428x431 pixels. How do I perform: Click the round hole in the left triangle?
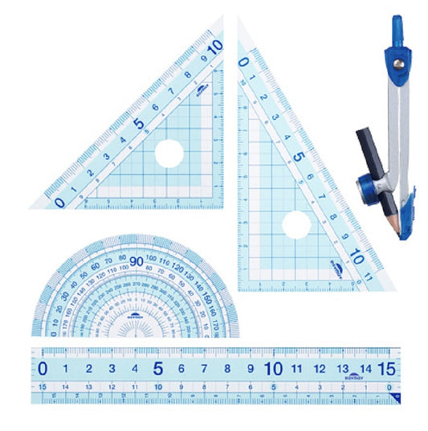pyautogui.click(x=169, y=153)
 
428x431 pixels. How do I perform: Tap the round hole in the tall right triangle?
pyautogui.click(x=296, y=225)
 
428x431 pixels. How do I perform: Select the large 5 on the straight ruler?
pyautogui.click(x=158, y=369)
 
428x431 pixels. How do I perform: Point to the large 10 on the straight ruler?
pyautogui.click(x=273, y=369)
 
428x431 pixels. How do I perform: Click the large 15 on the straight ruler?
pyautogui.click(x=386, y=369)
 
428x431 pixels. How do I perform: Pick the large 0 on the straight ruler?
pyautogui.click(x=43, y=369)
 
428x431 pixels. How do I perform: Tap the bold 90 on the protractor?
pyautogui.click(x=136, y=261)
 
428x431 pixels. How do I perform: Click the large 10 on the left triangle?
pyautogui.click(x=214, y=47)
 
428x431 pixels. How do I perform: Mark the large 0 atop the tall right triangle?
pyautogui.click(x=244, y=59)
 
